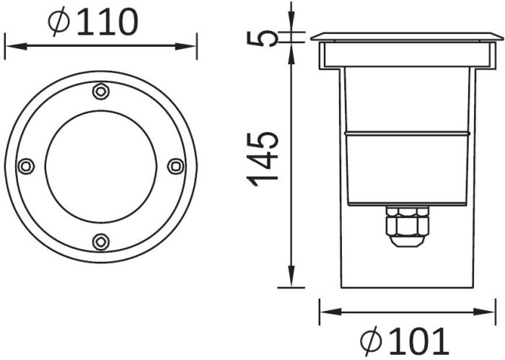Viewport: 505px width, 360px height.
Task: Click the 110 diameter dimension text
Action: coord(106,22)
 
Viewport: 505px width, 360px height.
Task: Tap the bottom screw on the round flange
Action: coord(101,241)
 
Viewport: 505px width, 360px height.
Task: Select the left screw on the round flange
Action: coord(26,166)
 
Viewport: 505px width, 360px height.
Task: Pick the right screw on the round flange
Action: coord(175,166)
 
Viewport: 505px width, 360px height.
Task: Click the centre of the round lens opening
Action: coord(101,166)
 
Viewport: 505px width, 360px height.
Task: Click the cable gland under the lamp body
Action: coord(408,225)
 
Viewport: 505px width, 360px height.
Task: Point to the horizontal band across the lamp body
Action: coord(408,133)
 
